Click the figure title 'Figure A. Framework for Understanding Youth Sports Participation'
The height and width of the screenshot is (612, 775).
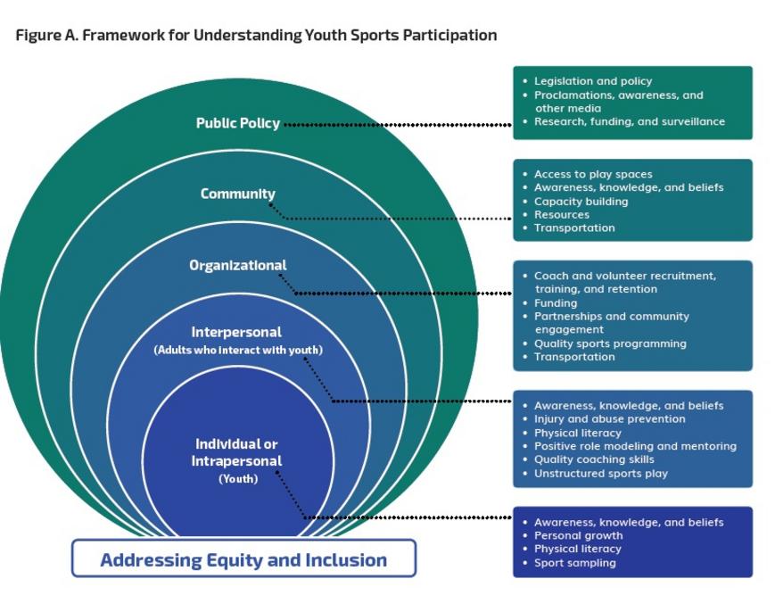pos(256,36)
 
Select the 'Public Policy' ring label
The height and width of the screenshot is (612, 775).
pos(237,123)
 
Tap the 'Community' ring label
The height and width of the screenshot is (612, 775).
pos(237,194)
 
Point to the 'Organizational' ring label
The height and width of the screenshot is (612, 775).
pos(237,265)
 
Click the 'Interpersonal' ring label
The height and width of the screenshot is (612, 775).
pos(236,332)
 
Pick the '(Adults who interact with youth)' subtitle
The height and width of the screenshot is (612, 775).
pos(237,350)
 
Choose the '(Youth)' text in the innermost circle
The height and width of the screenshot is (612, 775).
pos(238,479)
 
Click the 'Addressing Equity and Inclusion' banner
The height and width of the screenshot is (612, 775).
pos(243,560)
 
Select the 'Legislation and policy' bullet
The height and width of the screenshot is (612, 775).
pos(593,81)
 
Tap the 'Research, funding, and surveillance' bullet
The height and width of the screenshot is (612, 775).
pos(629,121)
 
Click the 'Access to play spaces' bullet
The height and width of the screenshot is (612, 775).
pos(593,174)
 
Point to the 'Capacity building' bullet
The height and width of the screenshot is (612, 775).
pos(581,201)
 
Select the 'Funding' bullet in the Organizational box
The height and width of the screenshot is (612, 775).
pos(556,303)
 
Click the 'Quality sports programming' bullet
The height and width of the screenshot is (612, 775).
pos(610,343)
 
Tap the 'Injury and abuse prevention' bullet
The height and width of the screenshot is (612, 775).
pos(609,418)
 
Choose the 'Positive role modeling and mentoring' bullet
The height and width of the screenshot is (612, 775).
pos(635,446)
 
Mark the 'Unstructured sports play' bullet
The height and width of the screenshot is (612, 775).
pos(600,473)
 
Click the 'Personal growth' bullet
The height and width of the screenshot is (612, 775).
pos(578,535)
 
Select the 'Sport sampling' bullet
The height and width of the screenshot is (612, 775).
pos(574,562)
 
